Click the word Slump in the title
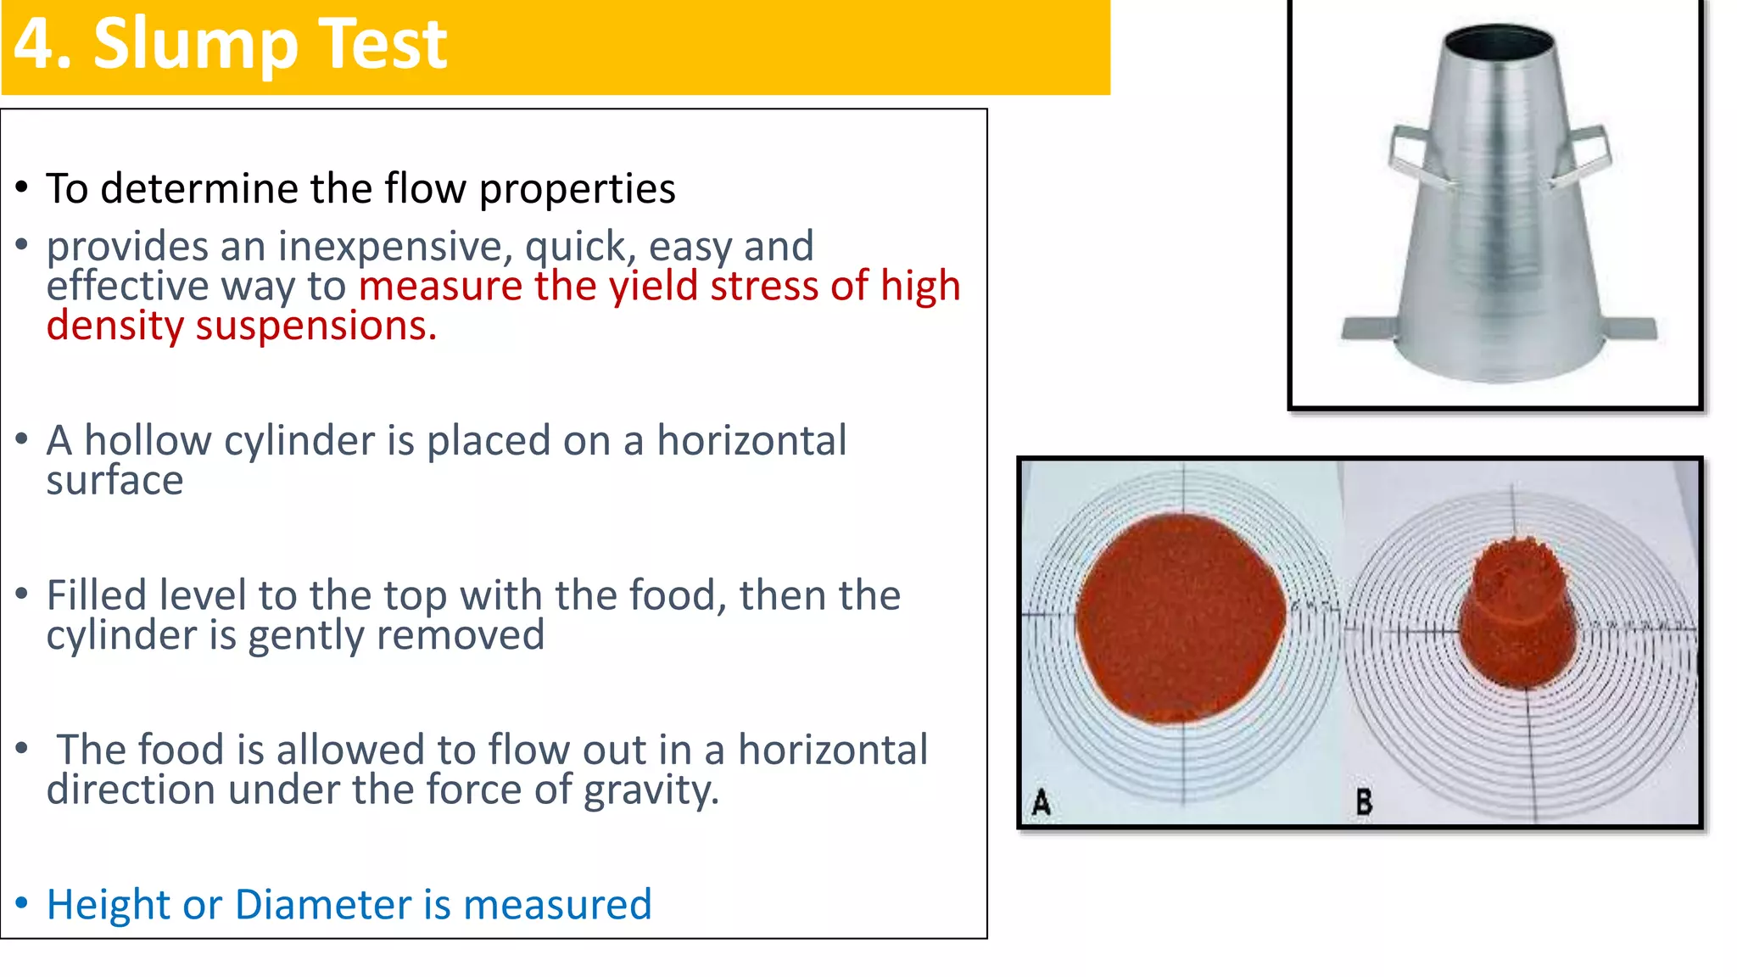click(x=196, y=45)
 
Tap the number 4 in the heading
click(x=32, y=45)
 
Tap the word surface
click(x=114, y=481)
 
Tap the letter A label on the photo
click(x=1042, y=801)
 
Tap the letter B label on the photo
click(x=1364, y=801)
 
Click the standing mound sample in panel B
click(x=1518, y=615)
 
